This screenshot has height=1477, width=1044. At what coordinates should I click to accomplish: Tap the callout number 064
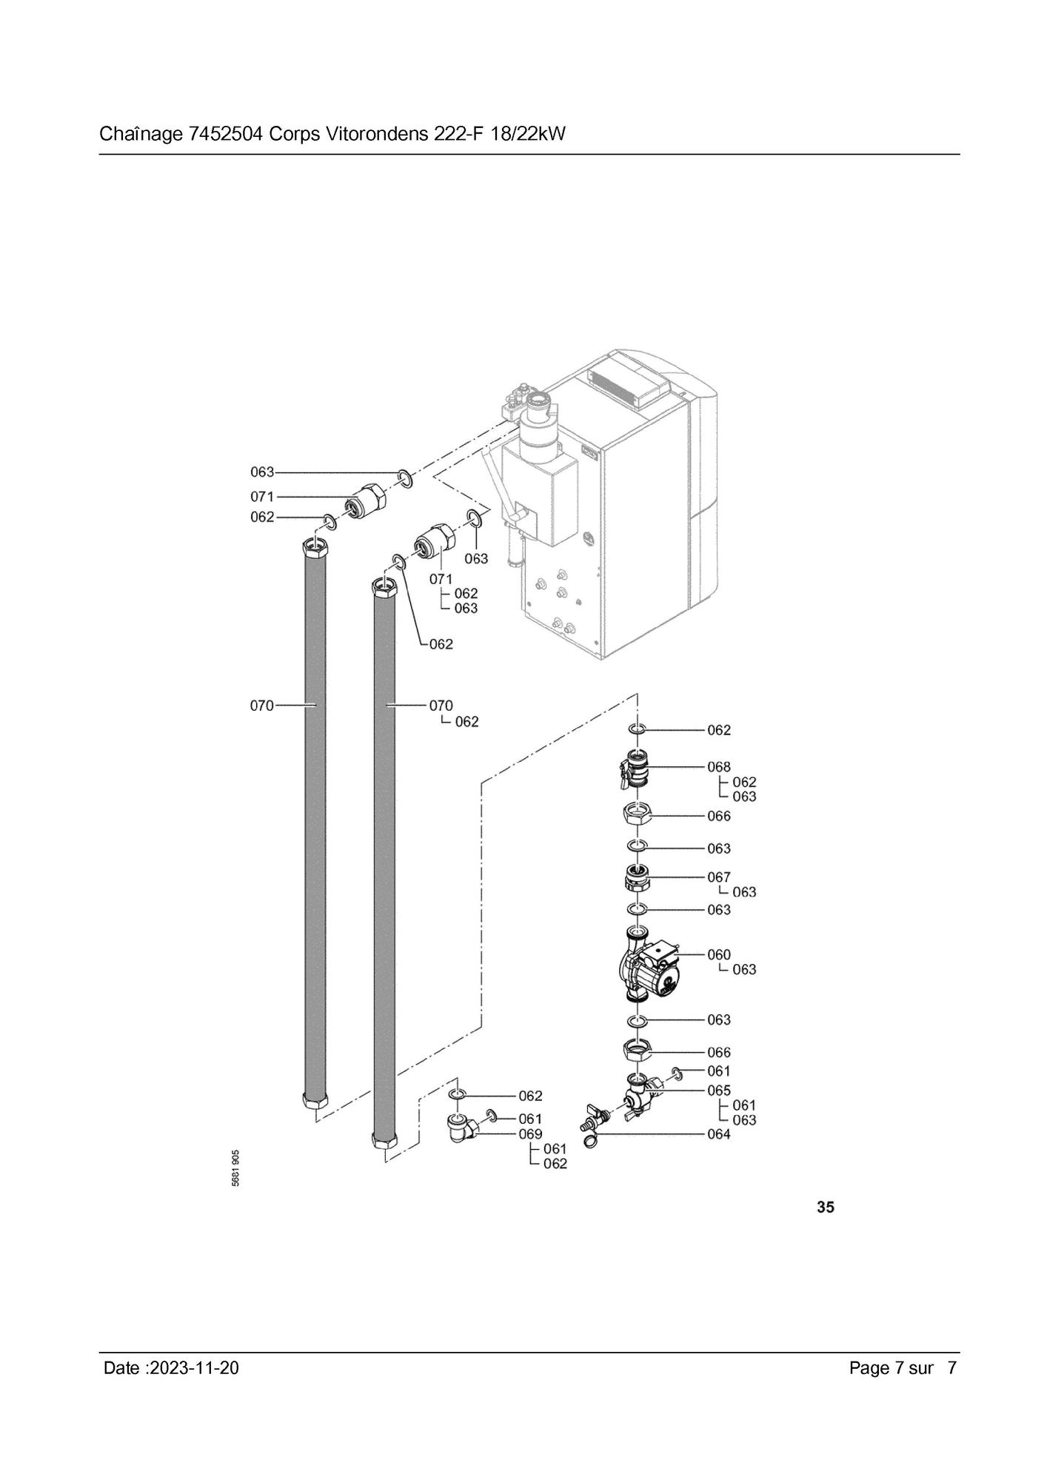(x=718, y=1134)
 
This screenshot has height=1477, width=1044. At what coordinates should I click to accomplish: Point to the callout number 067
(x=718, y=877)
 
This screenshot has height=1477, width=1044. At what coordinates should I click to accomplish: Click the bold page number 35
(x=825, y=1208)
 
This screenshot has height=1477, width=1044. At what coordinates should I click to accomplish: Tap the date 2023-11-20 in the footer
(x=194, y=1368)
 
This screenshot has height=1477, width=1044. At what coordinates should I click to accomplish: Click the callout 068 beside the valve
(x=718, y=767)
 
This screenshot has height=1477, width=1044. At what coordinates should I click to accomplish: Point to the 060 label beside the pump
(x=718, y=955)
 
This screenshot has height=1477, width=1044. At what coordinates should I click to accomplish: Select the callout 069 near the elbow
(x=530, y=1134)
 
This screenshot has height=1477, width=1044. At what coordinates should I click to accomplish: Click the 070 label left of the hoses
(x=261, y=706)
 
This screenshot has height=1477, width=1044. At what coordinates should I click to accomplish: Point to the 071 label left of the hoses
(x=261, y=497)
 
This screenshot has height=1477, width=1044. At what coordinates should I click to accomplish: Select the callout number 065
(x=718, y=1091)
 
